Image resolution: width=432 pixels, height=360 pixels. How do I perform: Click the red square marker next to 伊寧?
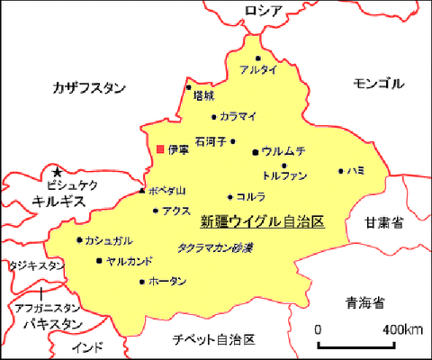point(160,148)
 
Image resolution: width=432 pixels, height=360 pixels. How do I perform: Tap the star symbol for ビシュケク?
point(57,172)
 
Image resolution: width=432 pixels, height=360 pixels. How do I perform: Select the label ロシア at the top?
point(264,10)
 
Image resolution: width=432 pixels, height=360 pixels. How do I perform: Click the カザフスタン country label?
point(89,87)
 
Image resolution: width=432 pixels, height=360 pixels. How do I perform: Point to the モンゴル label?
point(379,83)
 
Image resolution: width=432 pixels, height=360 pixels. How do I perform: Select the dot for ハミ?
point(340,170)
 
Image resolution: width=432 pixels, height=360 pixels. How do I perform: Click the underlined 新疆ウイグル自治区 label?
point(261,220)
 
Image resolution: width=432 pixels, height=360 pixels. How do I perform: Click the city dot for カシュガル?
point(79,239)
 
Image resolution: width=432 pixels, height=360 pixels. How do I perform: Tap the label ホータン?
point(168,282)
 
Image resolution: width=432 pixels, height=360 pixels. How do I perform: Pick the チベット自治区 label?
point(214,339)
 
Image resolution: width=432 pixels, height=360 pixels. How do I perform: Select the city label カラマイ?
point(238,116)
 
